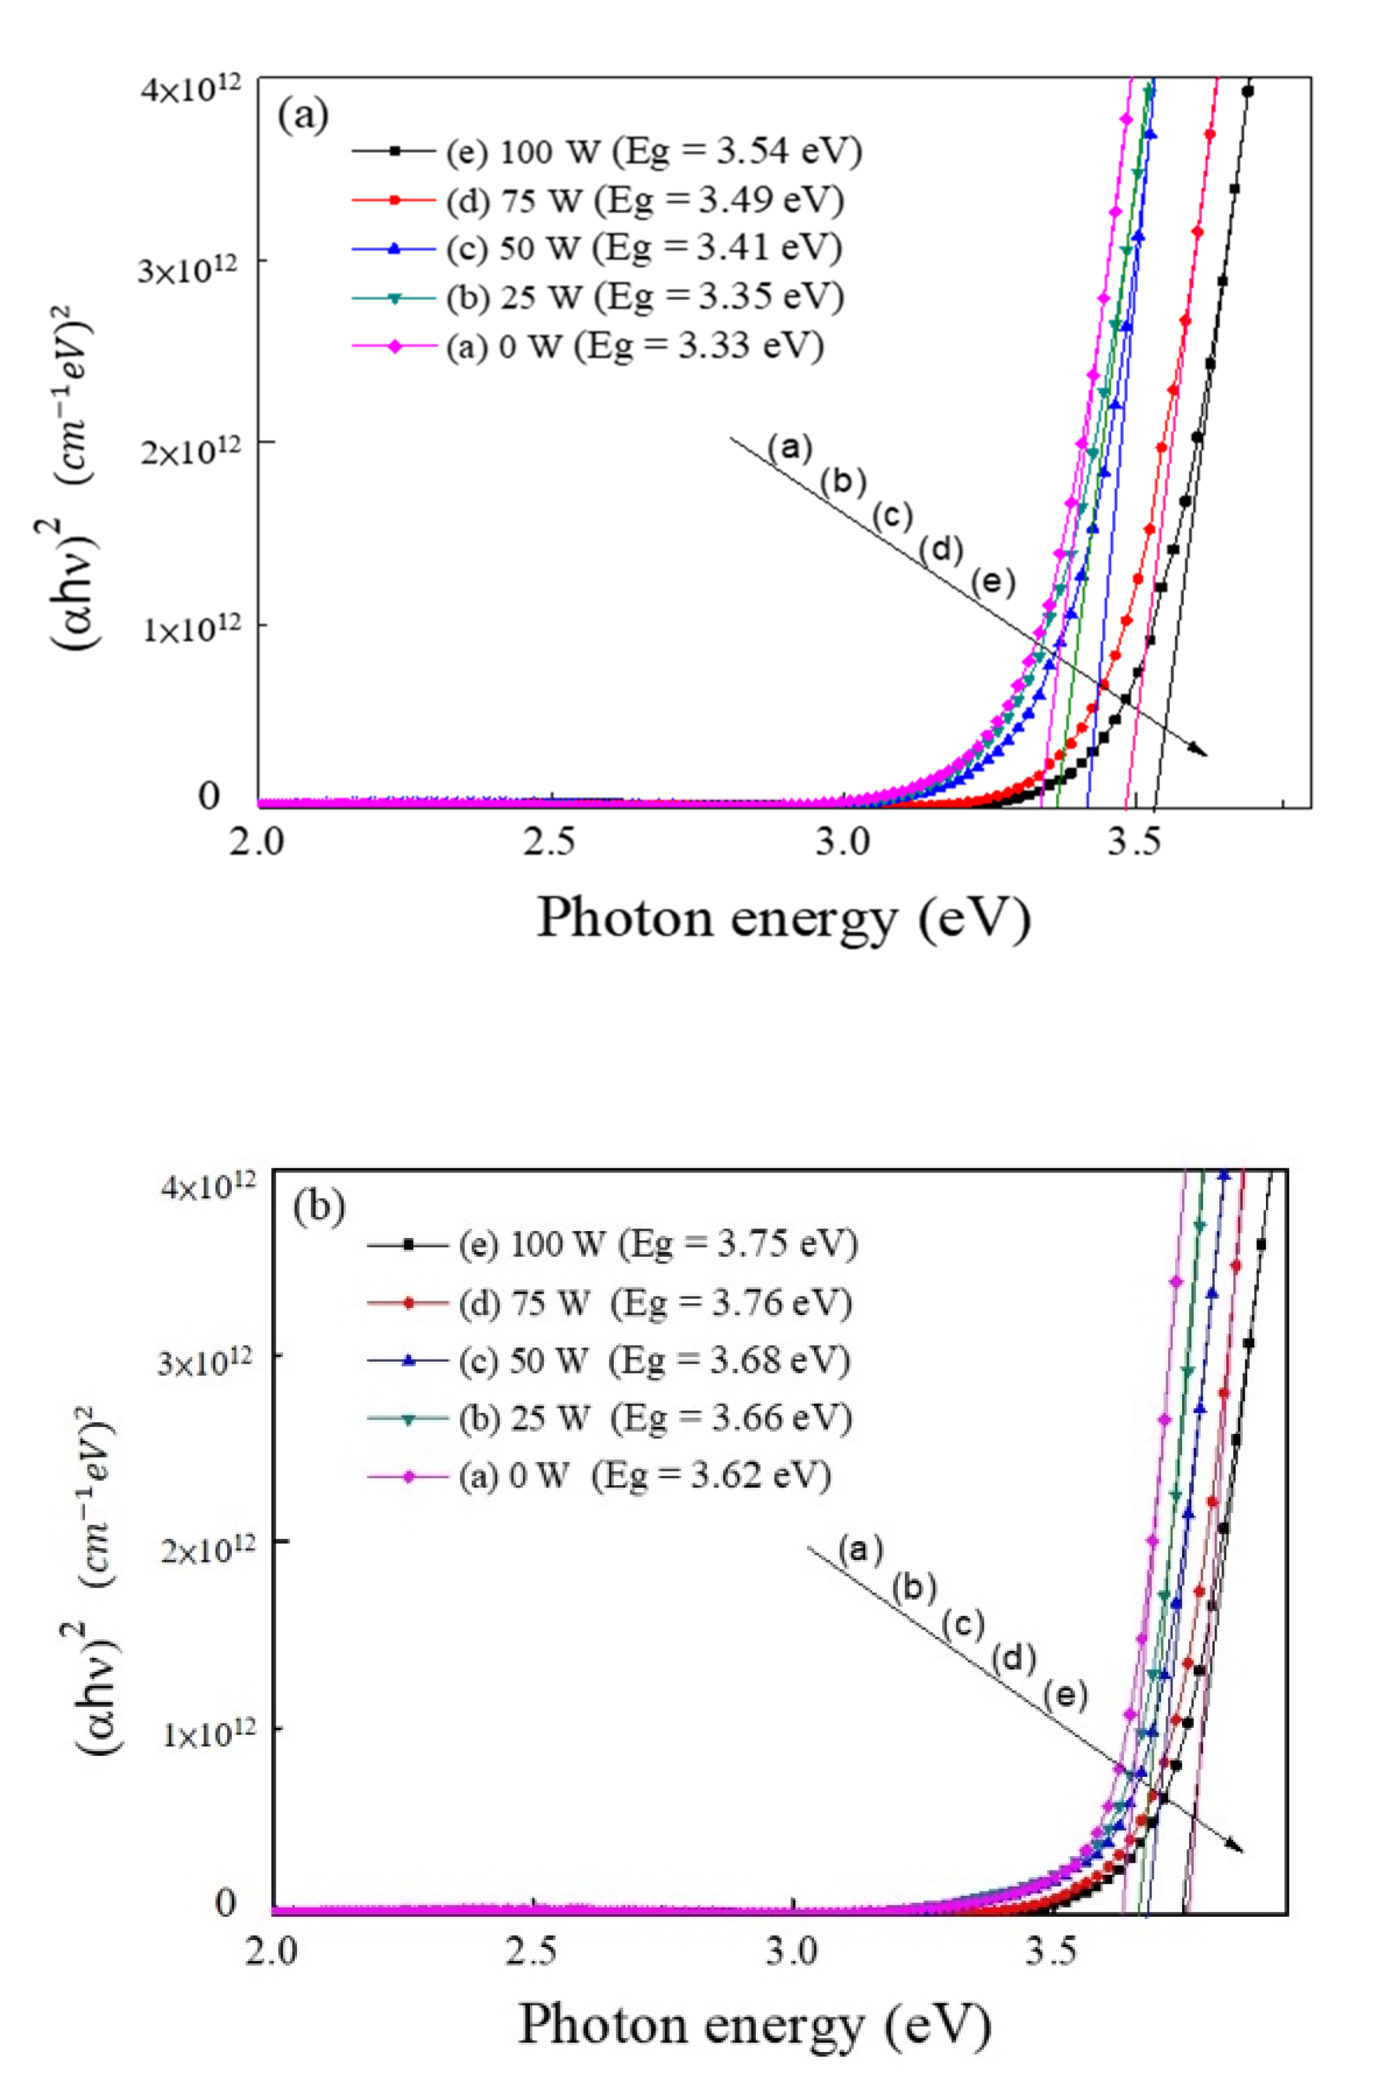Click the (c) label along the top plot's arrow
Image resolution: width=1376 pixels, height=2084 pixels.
tap(892, 516)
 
